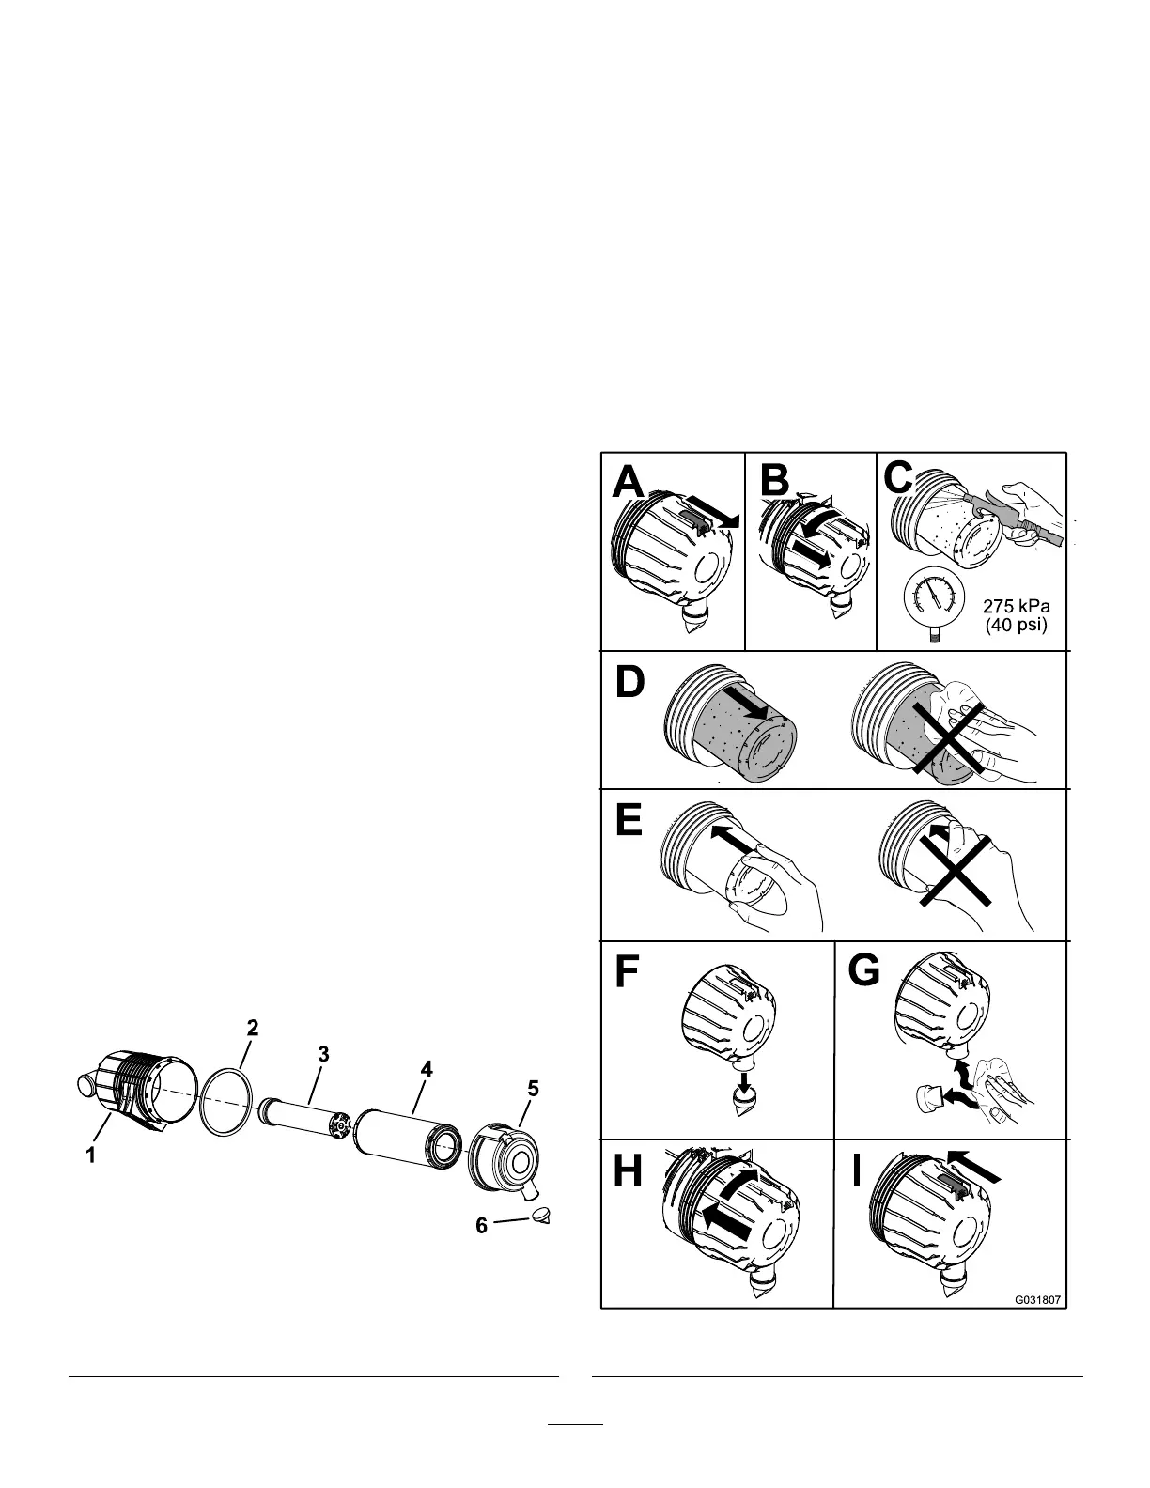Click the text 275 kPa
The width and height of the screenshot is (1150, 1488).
click(x=1015, y=606)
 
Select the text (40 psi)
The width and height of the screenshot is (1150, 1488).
click(x=1015, y=625)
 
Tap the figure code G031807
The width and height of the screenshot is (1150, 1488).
click(x=1037, y=1301)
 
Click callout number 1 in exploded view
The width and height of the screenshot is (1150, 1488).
click(x=91, y=1156)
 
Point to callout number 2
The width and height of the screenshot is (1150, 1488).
click(x=252, y=1027)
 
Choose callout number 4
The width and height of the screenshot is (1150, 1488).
click(x=427, y=1069)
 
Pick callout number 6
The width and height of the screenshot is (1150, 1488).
click(x=481, y=1226)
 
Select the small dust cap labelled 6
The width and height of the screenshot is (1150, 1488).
click(x=539, y=1216)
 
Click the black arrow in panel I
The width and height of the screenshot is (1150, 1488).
click(x=977, y=1166)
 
